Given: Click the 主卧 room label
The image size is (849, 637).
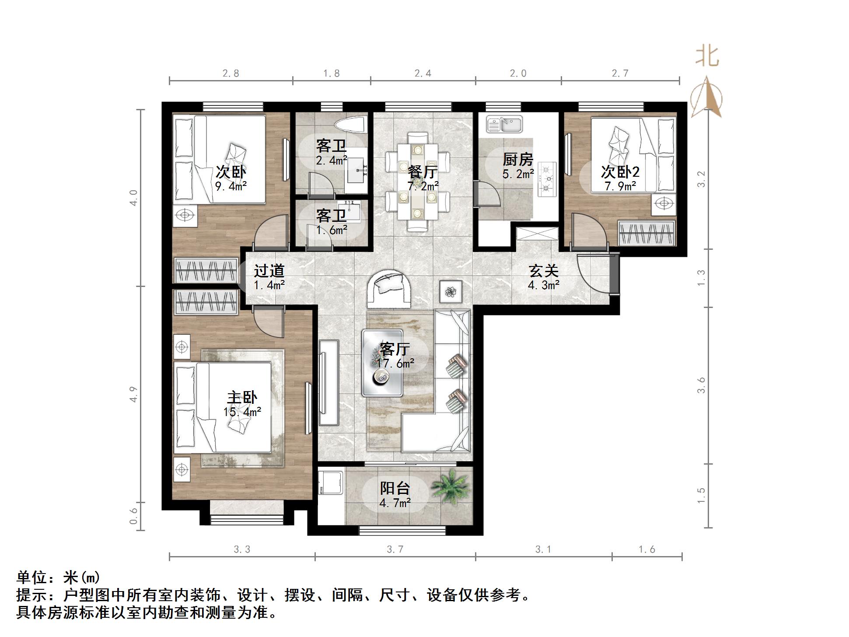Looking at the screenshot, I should [242, 397].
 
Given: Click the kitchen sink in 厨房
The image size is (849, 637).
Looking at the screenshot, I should [505, 124].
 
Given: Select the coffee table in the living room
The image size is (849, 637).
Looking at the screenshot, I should [382, 363].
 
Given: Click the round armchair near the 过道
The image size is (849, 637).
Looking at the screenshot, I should [389, 288].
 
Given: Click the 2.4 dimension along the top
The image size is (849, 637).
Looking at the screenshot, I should [423, 73].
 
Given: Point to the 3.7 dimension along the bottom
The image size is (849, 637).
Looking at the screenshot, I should [395, 549].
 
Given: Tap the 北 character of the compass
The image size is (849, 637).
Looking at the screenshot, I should [707, 56].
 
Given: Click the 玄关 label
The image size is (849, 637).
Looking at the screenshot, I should [544, 271].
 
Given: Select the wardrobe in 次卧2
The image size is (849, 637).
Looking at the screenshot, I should [646, 233].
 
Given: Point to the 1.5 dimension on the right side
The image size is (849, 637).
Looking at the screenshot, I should [701, 495].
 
